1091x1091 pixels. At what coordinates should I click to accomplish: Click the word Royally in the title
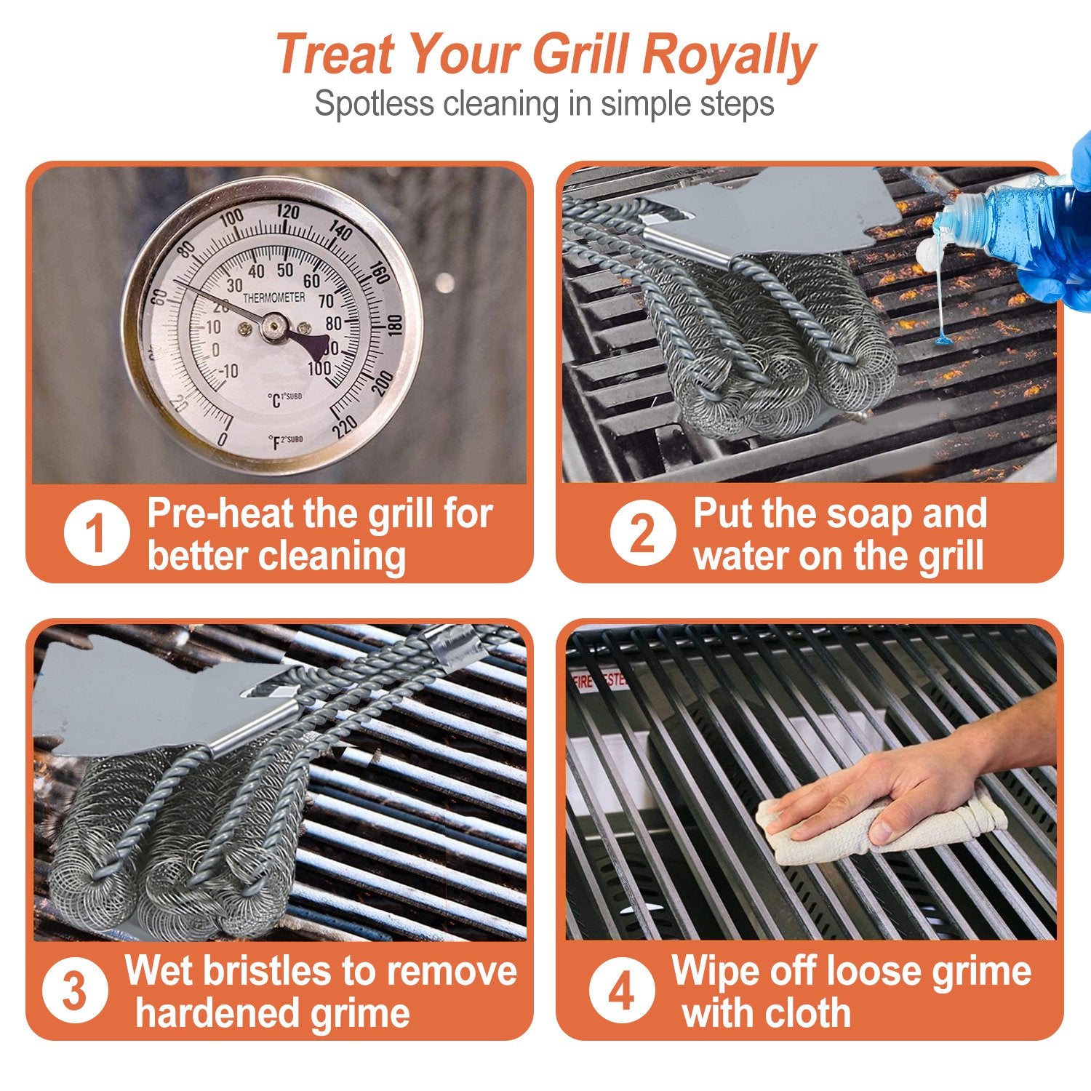(729, 55)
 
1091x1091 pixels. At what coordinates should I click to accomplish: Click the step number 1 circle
(96, 533)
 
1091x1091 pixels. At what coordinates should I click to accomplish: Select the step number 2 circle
(642, 533)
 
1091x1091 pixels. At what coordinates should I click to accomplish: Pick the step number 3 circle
(75, 991)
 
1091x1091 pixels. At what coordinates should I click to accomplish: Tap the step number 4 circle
(621, 991)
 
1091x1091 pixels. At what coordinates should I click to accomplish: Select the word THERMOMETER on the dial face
(273, 298)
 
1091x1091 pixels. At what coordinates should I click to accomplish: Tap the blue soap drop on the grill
(943, 339)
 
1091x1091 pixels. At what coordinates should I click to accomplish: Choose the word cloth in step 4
(805, 1012)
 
